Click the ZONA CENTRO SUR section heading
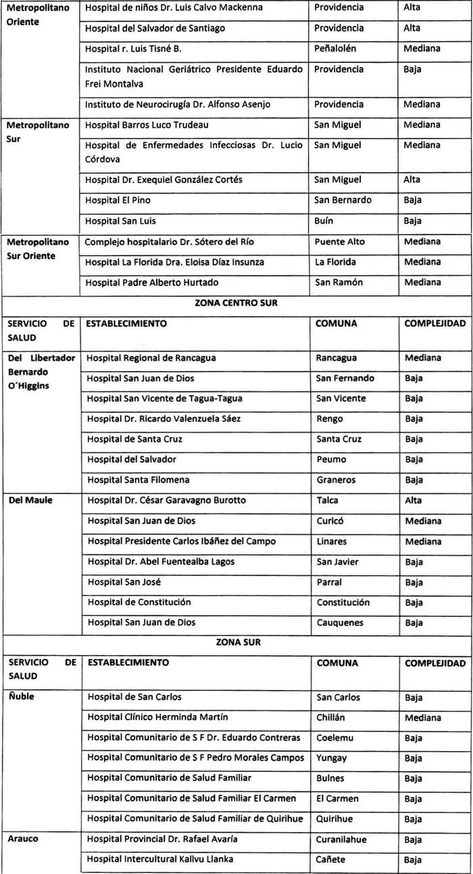point(236,303)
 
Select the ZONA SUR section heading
point(236,642)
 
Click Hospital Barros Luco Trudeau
point(147,125)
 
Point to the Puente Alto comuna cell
point(339,241)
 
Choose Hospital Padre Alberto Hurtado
point(151,283)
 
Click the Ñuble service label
point(22,696)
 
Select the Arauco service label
point(24,839)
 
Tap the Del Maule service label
point(31,500)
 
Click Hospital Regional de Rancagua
point(151,358)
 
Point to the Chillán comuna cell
point(332,717)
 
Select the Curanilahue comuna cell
point(343,839)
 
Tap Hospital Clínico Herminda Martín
point(157,717)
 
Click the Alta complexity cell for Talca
point(413,500)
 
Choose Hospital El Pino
point(118,200)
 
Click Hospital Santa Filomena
point(138,480)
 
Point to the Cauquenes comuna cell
point(340,623)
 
